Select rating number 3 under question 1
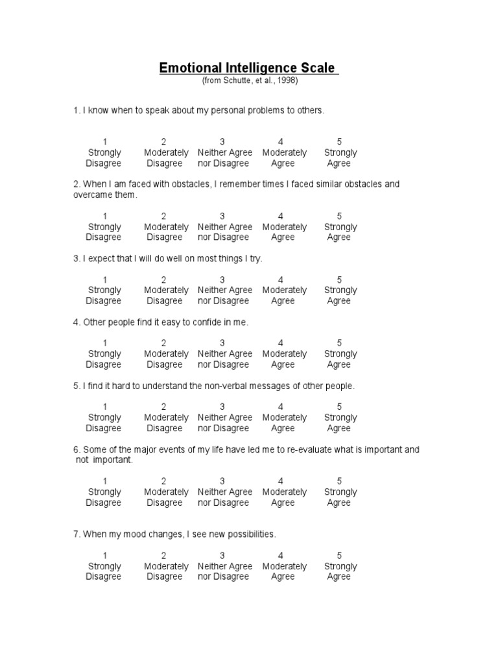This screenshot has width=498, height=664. [222, 142]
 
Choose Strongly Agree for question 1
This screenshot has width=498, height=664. [340, 158]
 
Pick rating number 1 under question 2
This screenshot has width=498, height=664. [105, 216]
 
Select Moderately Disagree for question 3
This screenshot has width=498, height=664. [165, 296]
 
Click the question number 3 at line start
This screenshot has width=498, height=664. [77, 259]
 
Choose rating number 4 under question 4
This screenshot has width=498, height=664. [281, 343]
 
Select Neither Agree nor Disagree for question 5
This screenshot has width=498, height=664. [224, 423]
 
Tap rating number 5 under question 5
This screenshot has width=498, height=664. [339, 407]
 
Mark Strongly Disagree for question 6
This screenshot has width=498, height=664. [104, 497]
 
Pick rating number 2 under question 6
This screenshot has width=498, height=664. [164, 481]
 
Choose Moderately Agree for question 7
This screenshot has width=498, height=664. [284, 571]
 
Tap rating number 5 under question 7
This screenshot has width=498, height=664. [339, 556]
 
